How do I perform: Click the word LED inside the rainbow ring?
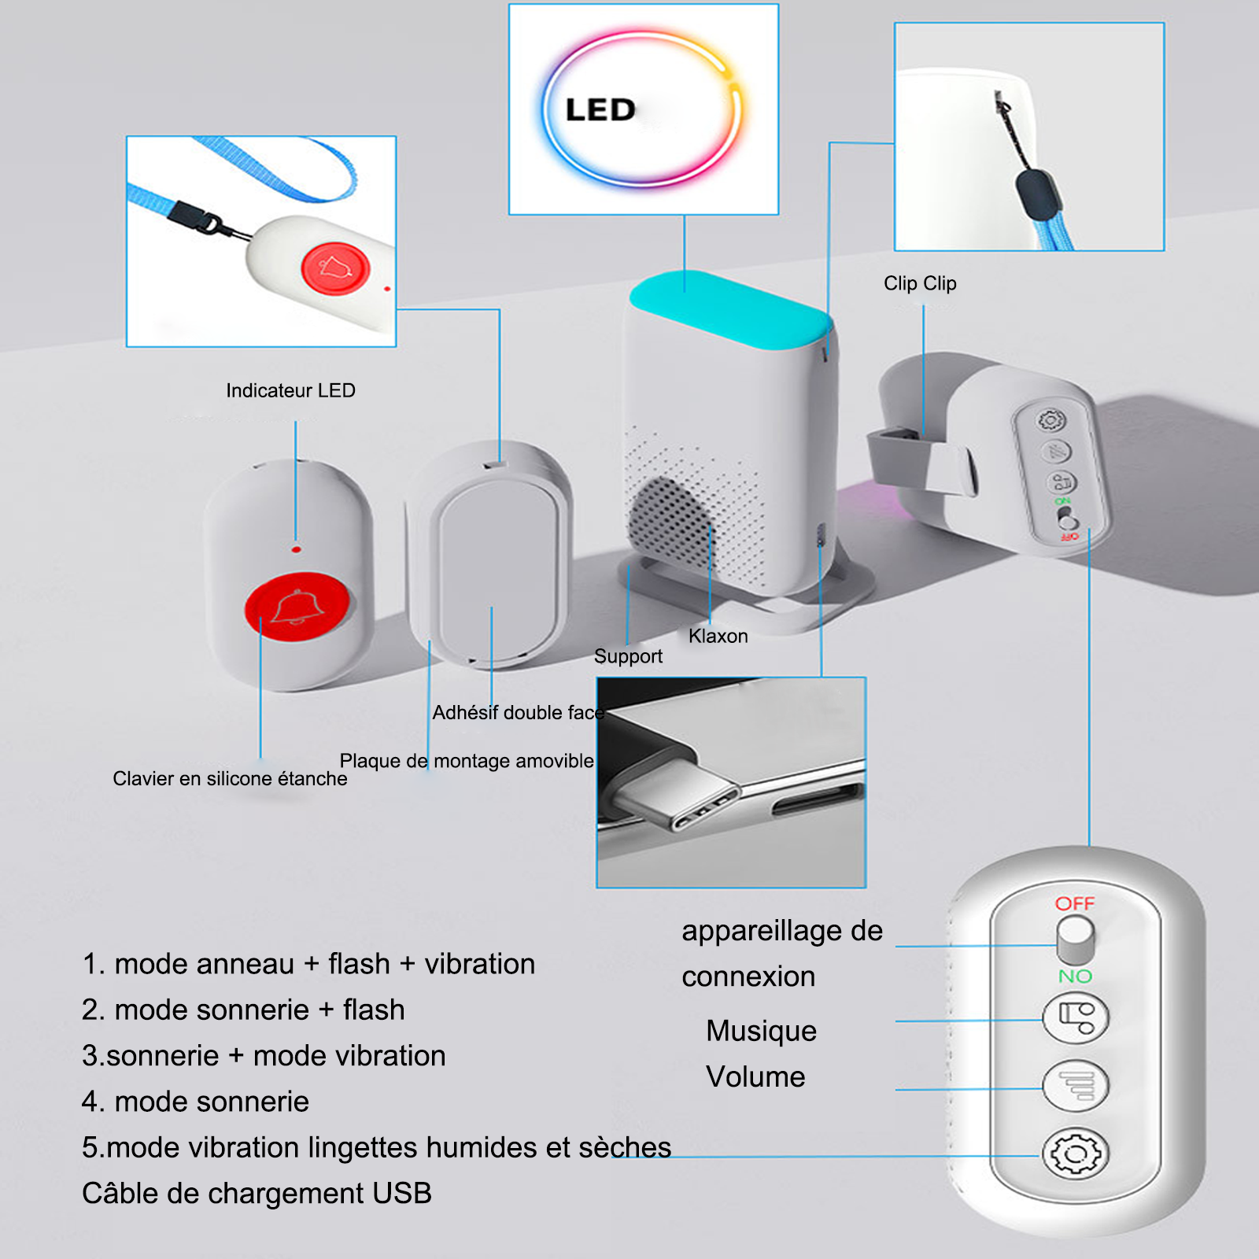point(600,110)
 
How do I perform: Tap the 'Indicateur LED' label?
point(290,390)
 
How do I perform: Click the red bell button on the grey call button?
point(297,607)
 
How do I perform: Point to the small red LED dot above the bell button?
point(296,549)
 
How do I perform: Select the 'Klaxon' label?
point(718,636)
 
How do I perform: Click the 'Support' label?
point(628,656)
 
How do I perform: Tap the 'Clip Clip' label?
point(920,283)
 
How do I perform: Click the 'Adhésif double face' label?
point(519,713)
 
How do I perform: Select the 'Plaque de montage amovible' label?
point(467,761)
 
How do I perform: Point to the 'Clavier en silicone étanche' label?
point(230,779)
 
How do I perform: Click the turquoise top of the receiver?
point(730,308)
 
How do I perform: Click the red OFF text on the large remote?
point(1075,903)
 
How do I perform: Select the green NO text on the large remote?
point(1075,977)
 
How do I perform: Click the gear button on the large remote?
point(1076,1154)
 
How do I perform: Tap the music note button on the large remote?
point(1076,1017)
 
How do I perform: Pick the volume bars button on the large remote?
point(1076,1086)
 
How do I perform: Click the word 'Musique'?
point(761,1031)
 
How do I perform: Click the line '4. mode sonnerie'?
point(195,1102)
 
